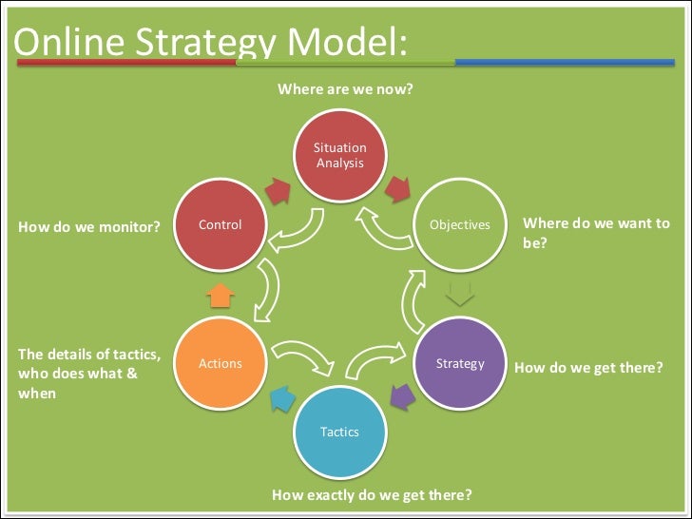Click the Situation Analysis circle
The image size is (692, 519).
339,156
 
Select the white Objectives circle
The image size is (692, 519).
460,225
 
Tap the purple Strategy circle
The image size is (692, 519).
460,363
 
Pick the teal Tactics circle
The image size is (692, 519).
339,432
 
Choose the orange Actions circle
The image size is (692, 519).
220,363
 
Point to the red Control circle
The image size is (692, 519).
220,225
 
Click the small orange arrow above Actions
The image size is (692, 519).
220,296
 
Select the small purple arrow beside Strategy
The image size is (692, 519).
403,394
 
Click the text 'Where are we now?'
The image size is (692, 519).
345,89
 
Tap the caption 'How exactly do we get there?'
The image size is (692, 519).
372,495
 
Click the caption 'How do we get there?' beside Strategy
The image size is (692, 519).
588,366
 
